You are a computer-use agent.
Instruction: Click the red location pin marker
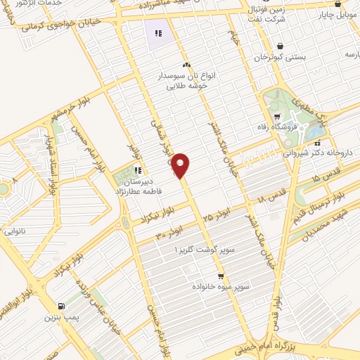coord(181,165)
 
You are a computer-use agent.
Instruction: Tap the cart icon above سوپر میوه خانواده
coord(221,276)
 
